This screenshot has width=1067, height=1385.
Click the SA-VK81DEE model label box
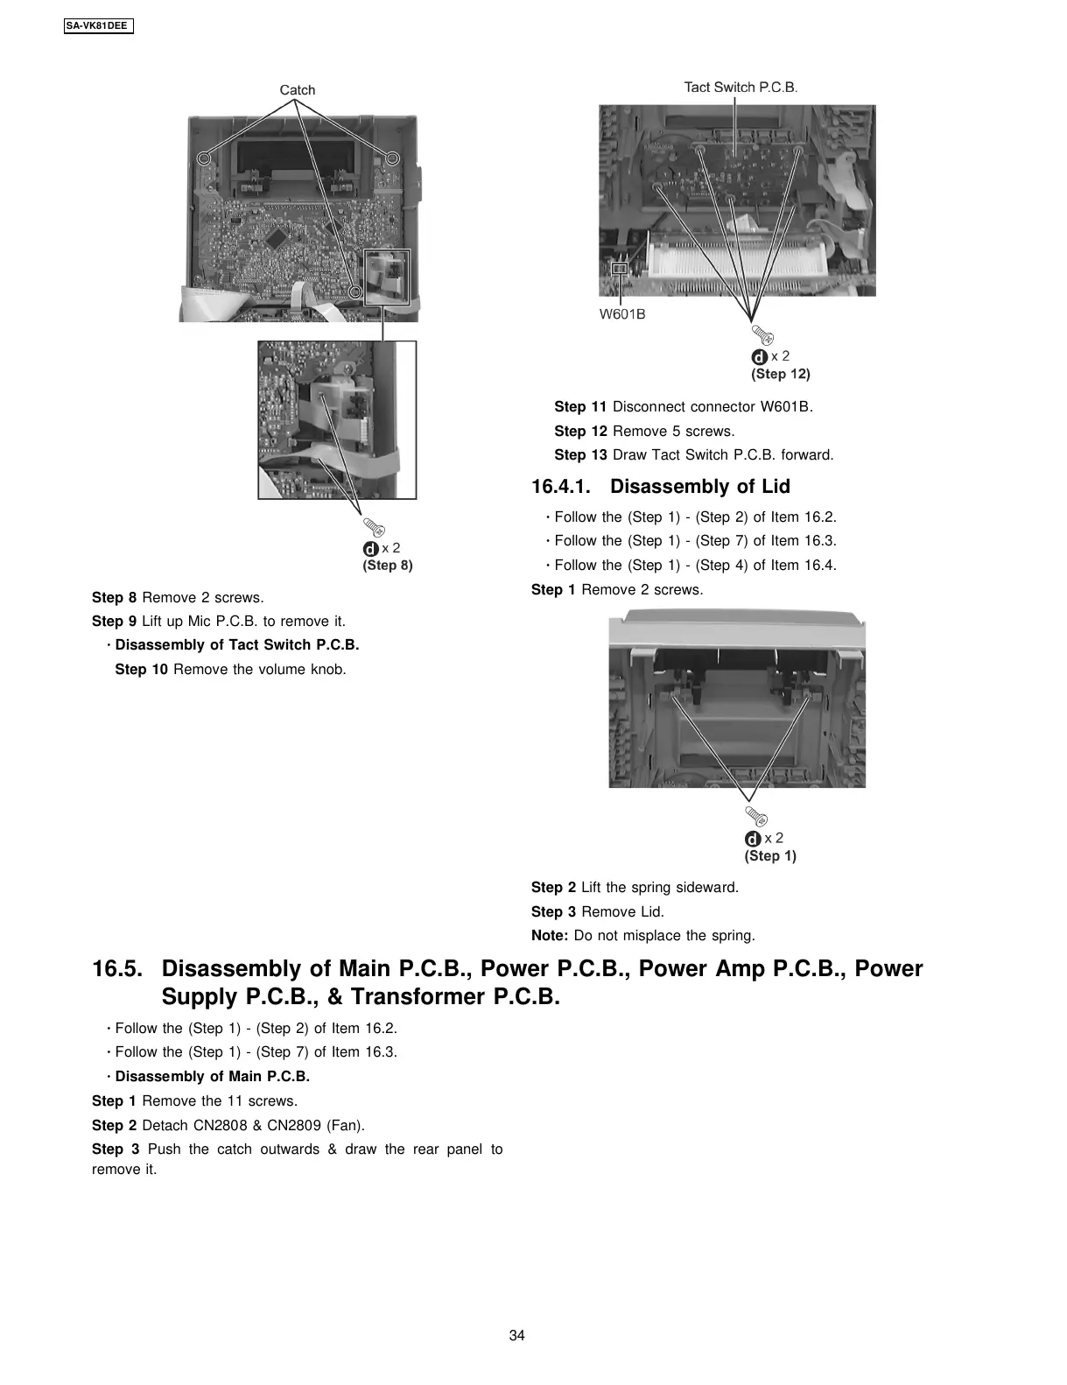[97, 26]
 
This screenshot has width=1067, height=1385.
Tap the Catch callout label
[297, 90]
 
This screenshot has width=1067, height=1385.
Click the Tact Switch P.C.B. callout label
[741, 87]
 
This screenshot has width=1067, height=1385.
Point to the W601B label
[622, 314]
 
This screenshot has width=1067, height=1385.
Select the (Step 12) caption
[781, 374]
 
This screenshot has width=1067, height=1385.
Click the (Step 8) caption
[388, 566]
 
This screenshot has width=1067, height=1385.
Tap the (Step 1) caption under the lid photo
[770, 856]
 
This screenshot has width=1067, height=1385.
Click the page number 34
[516, 1336]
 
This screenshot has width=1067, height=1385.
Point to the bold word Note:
[550, 936]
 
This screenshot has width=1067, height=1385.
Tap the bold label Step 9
[114, 622]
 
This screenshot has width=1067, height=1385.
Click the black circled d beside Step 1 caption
[753, 840]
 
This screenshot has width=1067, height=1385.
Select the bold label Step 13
[580, 455]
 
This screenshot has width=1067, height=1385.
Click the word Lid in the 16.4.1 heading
[776, 487]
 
